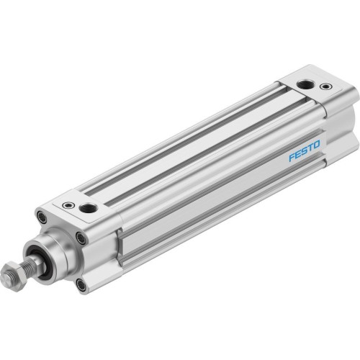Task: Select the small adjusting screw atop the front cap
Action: click(68, 206)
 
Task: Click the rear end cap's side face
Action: click(338, 122)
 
